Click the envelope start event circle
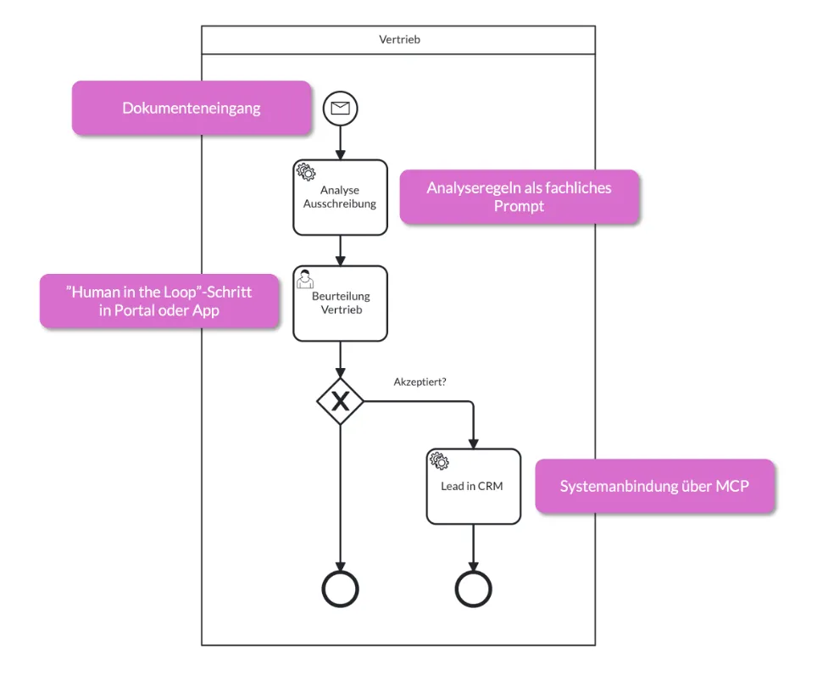coord(341,108)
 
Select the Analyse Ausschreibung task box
coord(340,198)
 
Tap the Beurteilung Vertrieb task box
coord(340,304)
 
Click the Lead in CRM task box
coord(473,487)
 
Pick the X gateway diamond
coord(341,401)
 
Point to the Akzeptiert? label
coord(420,382)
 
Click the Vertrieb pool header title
coord(398,39)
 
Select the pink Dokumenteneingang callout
coord(192,108)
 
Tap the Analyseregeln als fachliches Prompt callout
coord(519,197)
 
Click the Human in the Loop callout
coord(159,300)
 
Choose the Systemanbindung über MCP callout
coord(654,486)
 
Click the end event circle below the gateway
coord(341,589)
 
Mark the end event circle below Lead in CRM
coord(473,589)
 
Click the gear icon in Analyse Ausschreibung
coord(306,172)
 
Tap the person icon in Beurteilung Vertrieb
coord(305,278)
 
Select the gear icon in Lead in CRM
coord(439,461)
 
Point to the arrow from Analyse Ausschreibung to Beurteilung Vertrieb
coord(341,250)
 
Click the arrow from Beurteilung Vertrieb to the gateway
coord(341,360)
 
